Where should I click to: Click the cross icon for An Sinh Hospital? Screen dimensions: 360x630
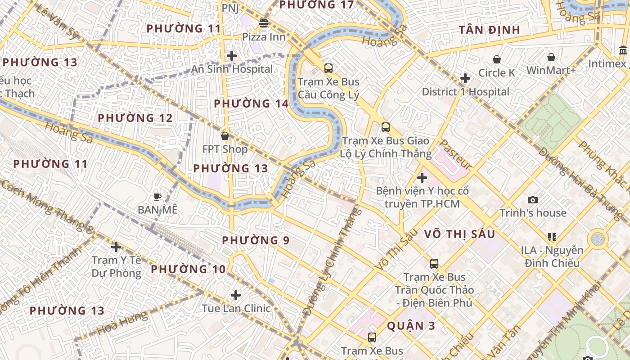tap(232, 56)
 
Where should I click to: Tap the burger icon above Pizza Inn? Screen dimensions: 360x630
tap(264, 23)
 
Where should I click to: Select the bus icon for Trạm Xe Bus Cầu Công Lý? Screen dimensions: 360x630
tap(328, 68)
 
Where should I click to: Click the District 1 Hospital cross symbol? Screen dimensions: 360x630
tap(465, 79)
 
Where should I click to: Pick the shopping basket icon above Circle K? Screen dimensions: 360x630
tap(497, 59)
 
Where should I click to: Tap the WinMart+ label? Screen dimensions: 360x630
tap(551, 70)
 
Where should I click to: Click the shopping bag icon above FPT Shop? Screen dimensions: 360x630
tap(225, 135)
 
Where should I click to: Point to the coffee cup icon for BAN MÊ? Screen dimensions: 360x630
tap(157, 197)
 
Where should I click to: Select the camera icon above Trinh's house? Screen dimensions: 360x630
tap(533, 200)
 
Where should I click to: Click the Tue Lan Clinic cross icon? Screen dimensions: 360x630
tap(236, 295)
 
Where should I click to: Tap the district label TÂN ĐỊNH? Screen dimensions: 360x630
tap(489, 30)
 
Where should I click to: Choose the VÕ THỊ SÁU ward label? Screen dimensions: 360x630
tap(459, 234)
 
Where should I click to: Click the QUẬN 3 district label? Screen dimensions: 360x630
tap(411, 326)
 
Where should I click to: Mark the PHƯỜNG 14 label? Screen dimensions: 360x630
tap(251, 103)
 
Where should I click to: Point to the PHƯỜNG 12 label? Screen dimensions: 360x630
tap(135, 118)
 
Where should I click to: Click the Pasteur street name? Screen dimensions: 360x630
tap(455, 154)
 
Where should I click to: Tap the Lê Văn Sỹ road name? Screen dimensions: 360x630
tap(57, 22)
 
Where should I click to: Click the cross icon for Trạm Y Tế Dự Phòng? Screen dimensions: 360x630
tap(116, 247)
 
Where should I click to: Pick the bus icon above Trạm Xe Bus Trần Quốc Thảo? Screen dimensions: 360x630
tap(434, 264)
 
